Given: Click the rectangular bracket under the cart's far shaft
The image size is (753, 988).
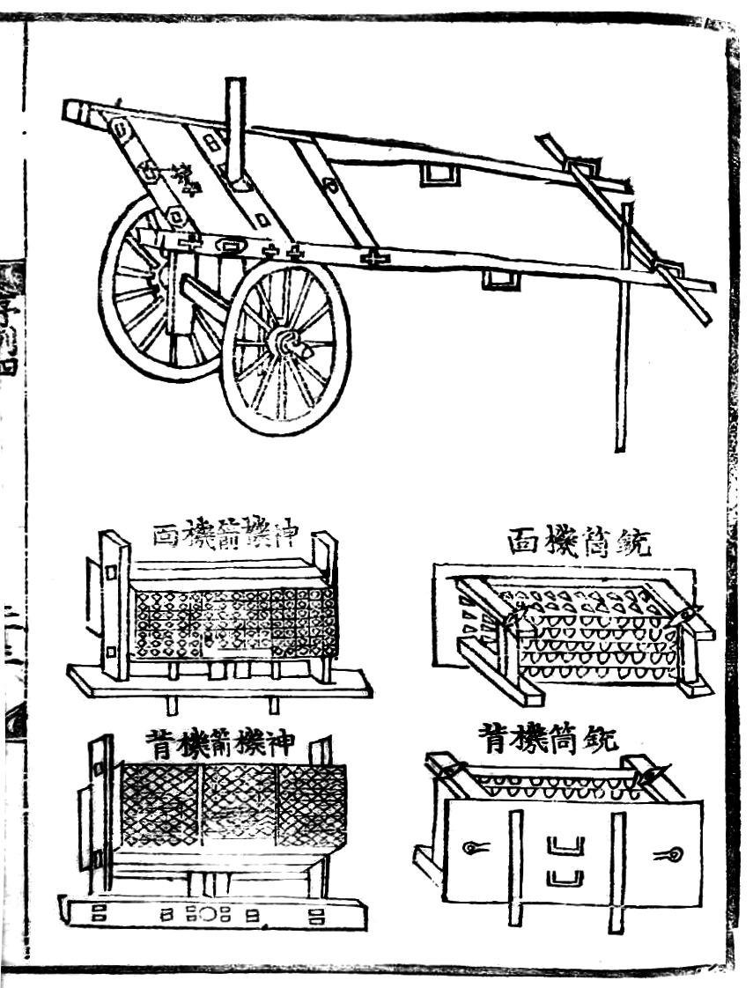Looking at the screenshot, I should [438, 173].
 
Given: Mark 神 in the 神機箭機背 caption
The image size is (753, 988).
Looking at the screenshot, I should [288, 746].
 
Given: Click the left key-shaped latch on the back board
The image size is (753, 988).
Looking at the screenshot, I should [475, 848].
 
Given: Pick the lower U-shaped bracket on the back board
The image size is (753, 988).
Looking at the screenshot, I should [565, 877].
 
